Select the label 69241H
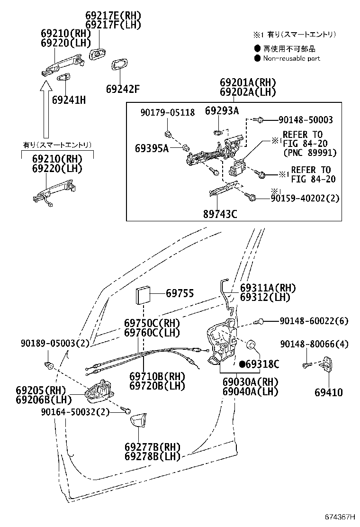[x=69, y=100]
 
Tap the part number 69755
[x=180, y=294]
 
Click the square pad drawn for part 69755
[x=143, y=296]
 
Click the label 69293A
[x=222, y=111]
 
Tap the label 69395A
[x=152, y=148]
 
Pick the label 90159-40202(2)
[x=305, y=198]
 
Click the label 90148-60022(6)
[x=314, y=321]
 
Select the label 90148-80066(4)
[x=314, y=344]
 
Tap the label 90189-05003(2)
[x=55, y=343]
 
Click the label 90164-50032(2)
[x=76, y=412]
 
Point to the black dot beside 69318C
[x=242, y=364]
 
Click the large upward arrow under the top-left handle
[x=46, y=109]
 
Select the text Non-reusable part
[x=291, y=58]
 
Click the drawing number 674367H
[x=340, y=516]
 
